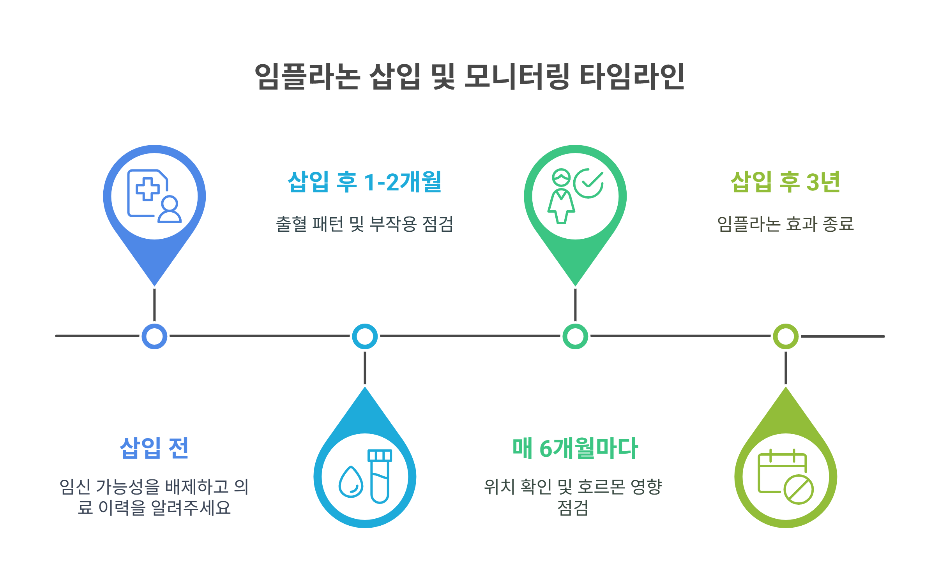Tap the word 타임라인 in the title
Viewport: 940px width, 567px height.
click(632, 76)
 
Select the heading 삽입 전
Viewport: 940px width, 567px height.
click(154, 448)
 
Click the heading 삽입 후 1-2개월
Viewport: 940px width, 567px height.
click(364, 182)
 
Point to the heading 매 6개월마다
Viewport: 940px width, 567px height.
click(575, 448)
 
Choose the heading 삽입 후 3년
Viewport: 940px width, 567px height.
click(785, 182)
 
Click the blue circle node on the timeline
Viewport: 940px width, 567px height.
click(154, 336)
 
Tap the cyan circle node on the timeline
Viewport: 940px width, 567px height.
click(365, 336)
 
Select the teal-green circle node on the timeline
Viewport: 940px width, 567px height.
click(575, 336)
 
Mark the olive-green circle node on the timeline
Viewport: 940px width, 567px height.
click(786, 336)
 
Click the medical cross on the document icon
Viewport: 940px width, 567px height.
click(147, 189)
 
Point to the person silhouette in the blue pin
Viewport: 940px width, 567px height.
click(170, 210)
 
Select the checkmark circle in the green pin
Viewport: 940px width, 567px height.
click(589, 183)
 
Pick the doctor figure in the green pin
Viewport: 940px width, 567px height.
click(561, 197)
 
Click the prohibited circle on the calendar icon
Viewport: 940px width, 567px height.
click(799, 490)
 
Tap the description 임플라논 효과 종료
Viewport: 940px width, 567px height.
click(785, 224)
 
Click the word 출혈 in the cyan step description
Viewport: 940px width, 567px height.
click(292, 224)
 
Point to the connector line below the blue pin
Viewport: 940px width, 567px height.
click(154, 305)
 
